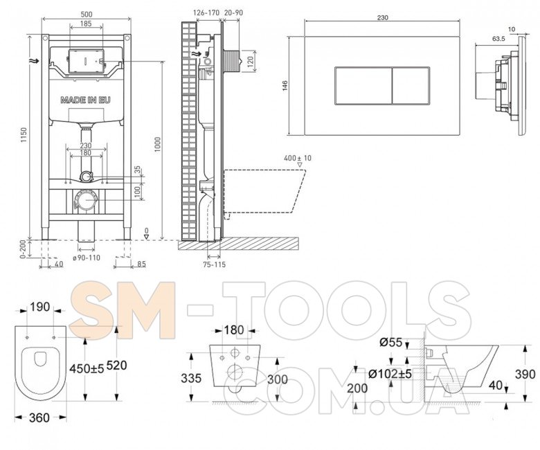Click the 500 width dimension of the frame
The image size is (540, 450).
[x=86, y=14]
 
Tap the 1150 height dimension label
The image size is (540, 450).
[x=23, y=136]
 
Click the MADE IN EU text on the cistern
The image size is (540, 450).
[x=86, y=100]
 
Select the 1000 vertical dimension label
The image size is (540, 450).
[x=157, y=145]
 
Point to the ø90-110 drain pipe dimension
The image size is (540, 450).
[x=86, y=258]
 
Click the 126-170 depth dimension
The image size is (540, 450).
[x=206, y=12]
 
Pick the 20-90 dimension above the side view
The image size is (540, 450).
[x=233, y=12]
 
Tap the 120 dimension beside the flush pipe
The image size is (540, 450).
[x=251, y=61]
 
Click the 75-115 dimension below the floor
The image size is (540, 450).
[x=214, y=264]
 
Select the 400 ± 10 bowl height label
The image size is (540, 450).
[x=298, y=158]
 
